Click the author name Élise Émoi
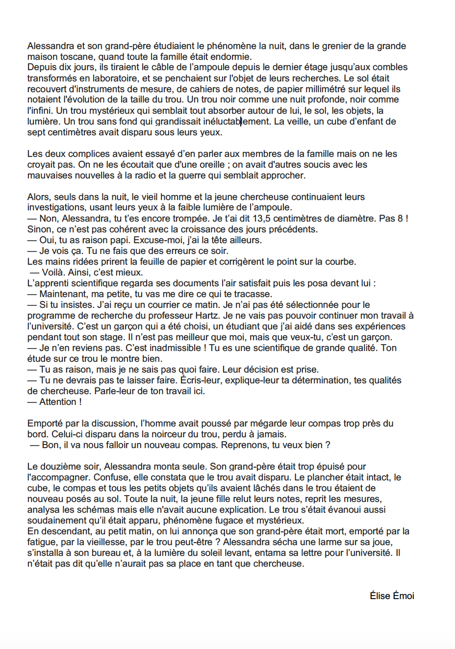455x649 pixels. [392, 596]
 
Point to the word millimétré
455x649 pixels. [318, 89]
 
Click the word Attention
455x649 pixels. [58, 401]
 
